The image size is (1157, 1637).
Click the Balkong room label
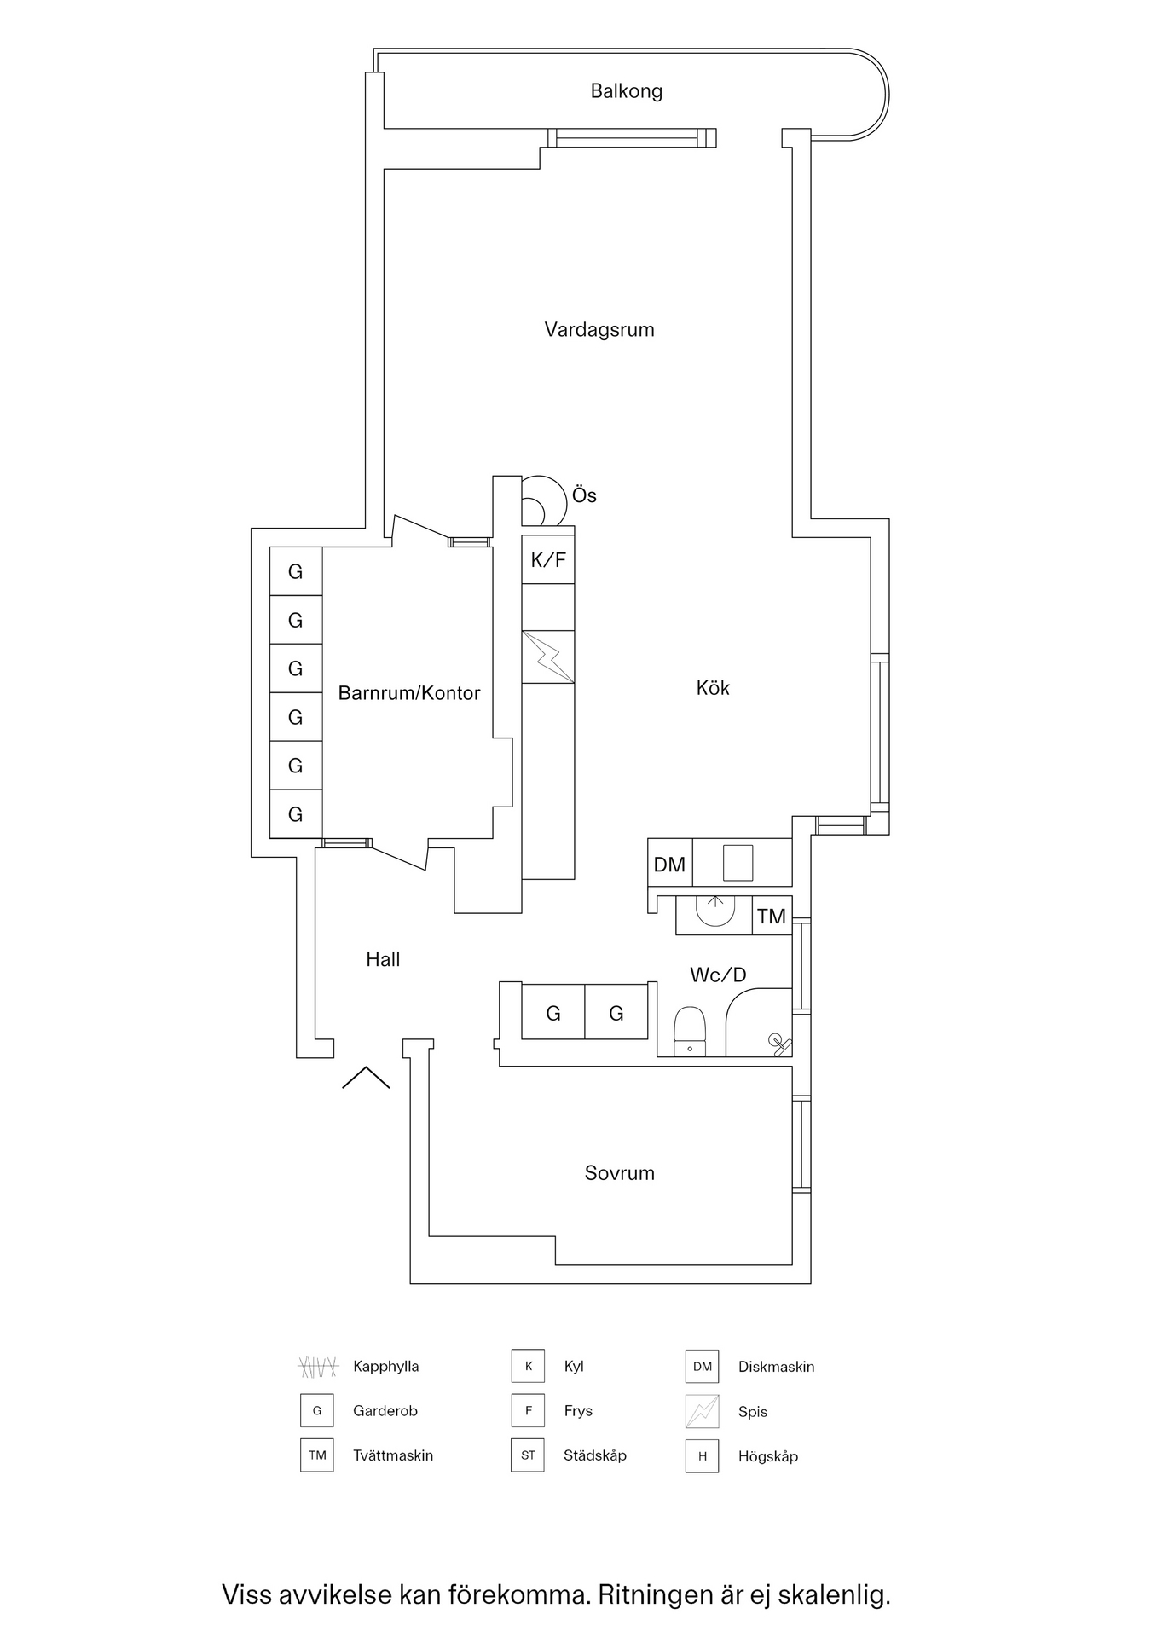(x=626, y=91)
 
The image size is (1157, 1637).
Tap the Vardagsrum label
(x=599, y=330)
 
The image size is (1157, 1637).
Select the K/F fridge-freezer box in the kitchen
(x=548, y=560)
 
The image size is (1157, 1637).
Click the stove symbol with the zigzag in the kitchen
(x=548, y=657)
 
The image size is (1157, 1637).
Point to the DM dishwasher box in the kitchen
(x=669, y=865)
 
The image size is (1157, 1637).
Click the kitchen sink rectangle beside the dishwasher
(x=738, y=862)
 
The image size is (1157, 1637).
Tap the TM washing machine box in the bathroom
(x=772, y=917)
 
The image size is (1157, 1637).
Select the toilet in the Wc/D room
(x=689, y=1031)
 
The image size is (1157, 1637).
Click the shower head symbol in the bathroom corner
(x=778, y=1042)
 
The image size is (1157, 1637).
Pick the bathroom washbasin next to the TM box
(x=715, y=911)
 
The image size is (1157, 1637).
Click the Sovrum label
(x=620, y=1173)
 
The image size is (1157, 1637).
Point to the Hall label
(x=383, y=960)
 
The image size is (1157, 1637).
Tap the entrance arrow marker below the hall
(x=366, y=1078)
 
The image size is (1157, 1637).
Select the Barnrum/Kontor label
(x=409, y=693)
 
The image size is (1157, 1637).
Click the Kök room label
(x=713, y=688)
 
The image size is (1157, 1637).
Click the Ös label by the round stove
(x=584, y=495)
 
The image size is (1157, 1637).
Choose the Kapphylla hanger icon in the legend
(x=318, y=1367)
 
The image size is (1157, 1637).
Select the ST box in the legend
(x=528, y=1455)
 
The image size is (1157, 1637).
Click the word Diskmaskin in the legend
(x=776, y=1367)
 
